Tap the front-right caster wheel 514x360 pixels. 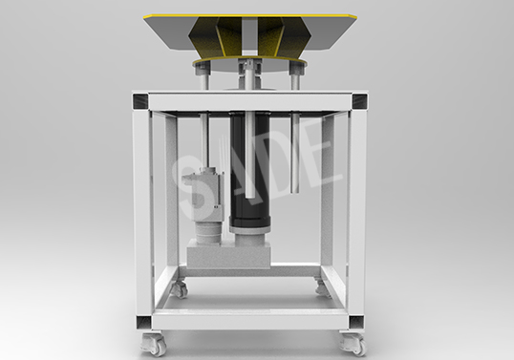[353, 344]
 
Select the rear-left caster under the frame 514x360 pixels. [179, 287]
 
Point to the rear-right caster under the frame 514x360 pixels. [323, 286]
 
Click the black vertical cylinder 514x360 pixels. [249, 170]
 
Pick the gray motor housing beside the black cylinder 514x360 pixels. [203, 193]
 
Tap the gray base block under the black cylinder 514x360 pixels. [229, 258]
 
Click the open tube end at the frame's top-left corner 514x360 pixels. [140, 102]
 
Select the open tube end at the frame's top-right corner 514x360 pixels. [359, 101]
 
